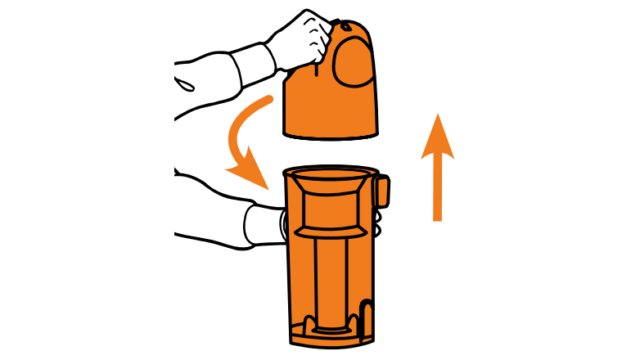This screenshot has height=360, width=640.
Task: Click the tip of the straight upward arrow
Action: pos(438,117)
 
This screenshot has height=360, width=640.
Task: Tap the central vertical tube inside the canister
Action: pos(328,278)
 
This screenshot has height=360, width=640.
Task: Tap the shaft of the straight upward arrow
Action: pos(438,188)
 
